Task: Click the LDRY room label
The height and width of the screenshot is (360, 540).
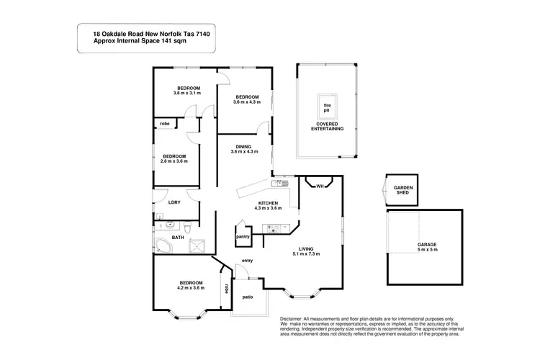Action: click(x=174, y=202)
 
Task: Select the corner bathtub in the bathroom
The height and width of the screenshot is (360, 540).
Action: click(x=164, y=247)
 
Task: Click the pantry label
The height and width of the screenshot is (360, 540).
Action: click(x=243, y=236)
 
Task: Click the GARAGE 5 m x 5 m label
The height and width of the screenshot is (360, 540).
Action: click(x=427, y=246)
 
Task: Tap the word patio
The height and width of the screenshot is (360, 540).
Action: click(x=247, y=297)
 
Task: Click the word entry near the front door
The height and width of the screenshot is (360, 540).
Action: click(x=247, y=260)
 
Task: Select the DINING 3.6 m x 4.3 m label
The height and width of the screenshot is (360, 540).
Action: click(x=244, y=150)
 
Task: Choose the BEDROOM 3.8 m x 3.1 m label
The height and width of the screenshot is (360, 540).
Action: click(x=186, y=90)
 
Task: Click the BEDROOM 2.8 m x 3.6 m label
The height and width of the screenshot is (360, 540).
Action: click(x=174, y=158)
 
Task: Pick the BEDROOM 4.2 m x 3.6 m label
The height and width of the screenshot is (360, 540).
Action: click(x=191, y=284)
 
